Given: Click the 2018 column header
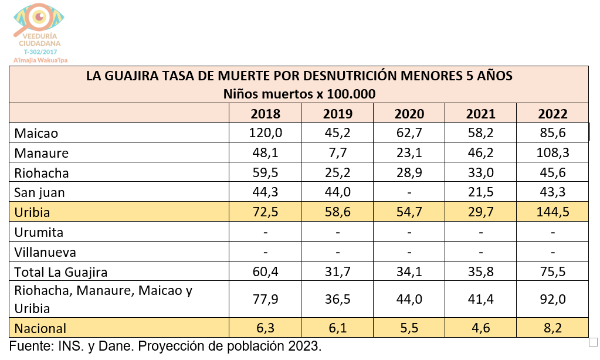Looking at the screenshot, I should click(x=265, y=113).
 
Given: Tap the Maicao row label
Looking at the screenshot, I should click(x=36, y=133).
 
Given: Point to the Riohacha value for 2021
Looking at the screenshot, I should click(x=481, y=173).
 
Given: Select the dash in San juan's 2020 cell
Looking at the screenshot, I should click(x=409, y=192).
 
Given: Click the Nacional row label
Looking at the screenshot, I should click(x=40, y=328).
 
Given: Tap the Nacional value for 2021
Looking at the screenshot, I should click(x=481, y=328).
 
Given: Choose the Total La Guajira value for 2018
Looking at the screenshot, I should click(x=265, y=271).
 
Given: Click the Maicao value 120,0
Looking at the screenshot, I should click(x=265, y=133).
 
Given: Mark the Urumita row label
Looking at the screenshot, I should click(x=39, y=232).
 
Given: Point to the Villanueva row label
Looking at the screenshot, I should click(x=45, y=252).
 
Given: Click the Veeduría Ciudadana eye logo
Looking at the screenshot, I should click(x=39, y=19).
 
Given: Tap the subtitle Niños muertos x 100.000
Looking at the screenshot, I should click(x=299, y=94).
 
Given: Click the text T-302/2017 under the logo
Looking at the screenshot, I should click(x=39, y=52).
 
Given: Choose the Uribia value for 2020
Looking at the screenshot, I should click(x=409, y=212).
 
